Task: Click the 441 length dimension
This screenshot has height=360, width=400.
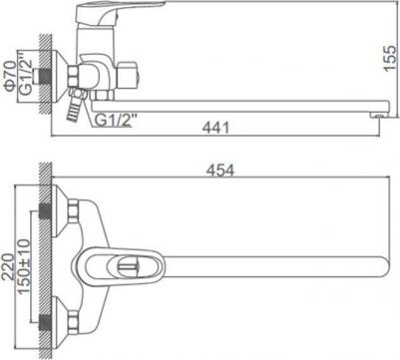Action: point(216,128)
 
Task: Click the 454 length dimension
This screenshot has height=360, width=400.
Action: point(220,171)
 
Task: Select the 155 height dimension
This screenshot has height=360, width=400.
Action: point(390,58)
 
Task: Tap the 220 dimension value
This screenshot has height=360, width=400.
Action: point(8,266)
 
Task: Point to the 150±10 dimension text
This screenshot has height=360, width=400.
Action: point(24,266)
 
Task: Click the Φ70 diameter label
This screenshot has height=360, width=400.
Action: point(10,76)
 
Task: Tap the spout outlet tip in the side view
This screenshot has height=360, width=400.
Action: point(376,116)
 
